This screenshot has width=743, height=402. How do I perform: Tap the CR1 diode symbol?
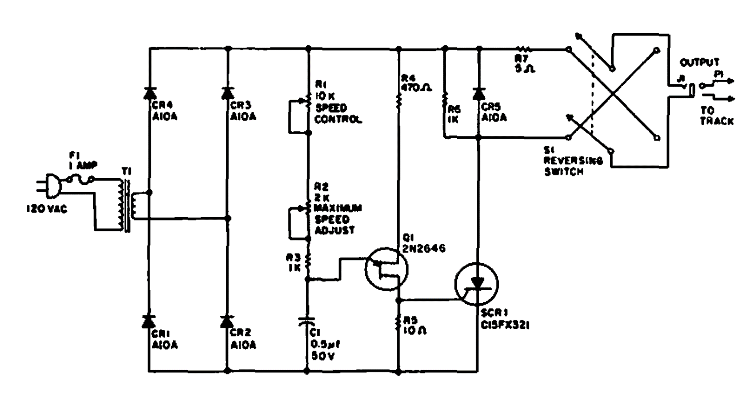coord(150,321)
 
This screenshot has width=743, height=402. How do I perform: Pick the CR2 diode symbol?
coord(228,321)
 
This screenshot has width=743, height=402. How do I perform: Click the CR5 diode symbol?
coord(479,93)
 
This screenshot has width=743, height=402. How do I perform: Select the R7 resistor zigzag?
coord(524,49)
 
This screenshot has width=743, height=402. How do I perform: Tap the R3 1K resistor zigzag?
coord(308,262)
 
